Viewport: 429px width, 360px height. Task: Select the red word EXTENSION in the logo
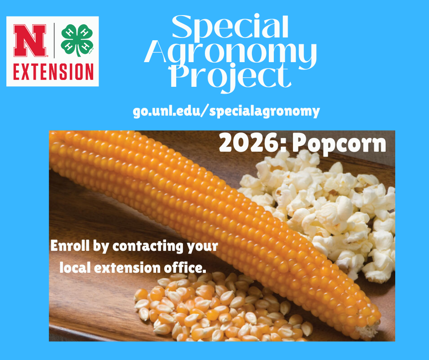[53, 71]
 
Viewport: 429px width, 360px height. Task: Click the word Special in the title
[230, 28]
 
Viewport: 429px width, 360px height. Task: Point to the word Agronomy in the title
[230, 53]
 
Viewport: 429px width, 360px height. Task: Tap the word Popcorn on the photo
[339, 143]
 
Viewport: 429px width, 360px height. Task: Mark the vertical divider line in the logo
[56, 40]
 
